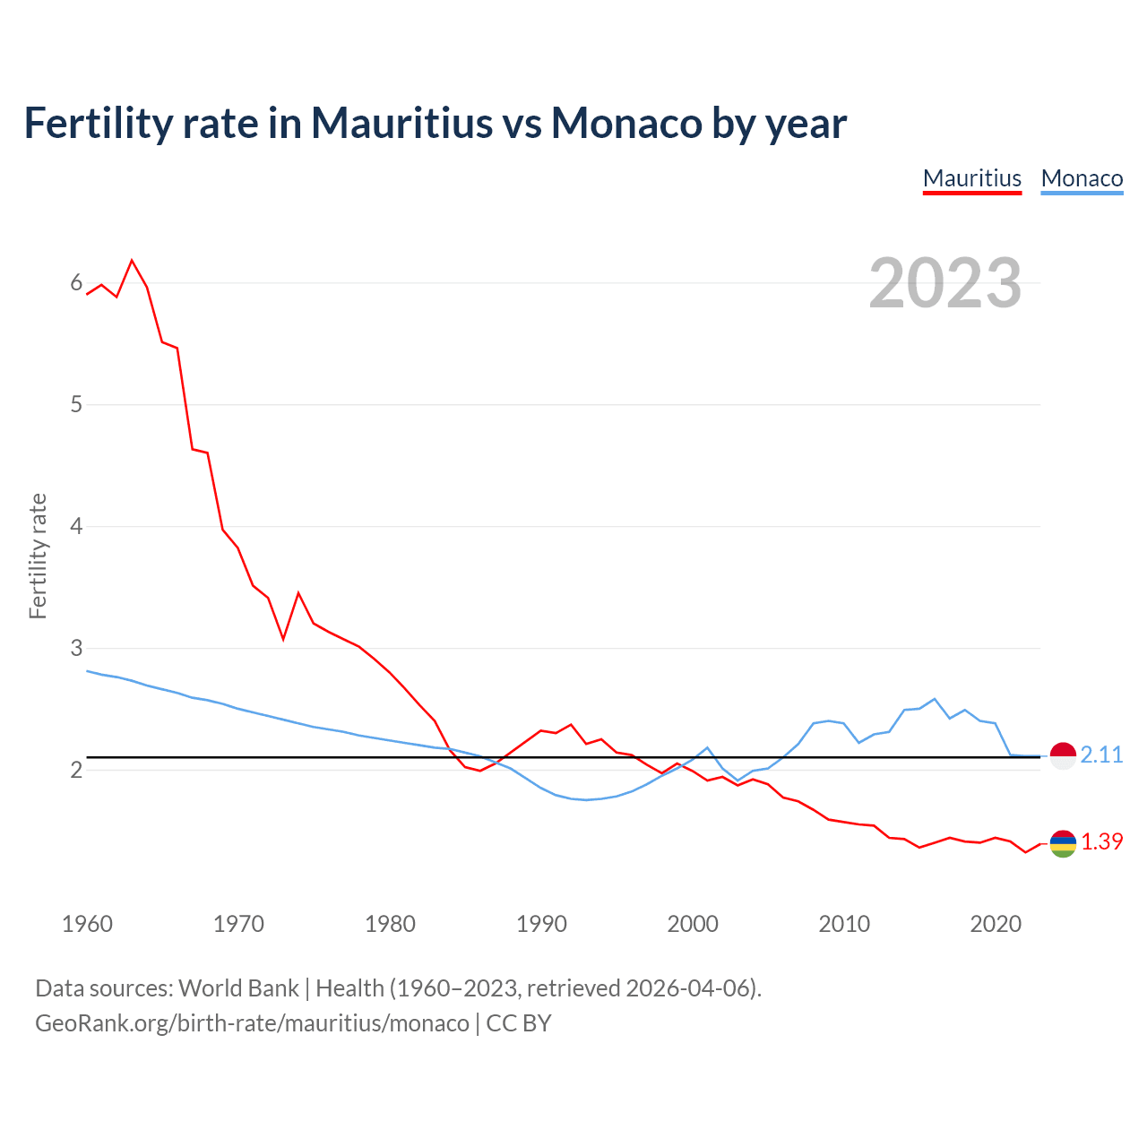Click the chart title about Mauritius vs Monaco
pos(435,123)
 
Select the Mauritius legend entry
pos(972,178)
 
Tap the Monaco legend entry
pos(1082,178)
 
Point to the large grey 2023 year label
pos(945,283)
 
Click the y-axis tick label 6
pos(76,283)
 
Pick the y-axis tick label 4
pos(76,526)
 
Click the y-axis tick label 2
pos(76,770)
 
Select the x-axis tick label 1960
pos(87,924)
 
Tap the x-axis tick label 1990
pos(541,924)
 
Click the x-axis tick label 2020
pos(996,924)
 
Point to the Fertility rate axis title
pos(38,556)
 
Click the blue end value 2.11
pos(1101,755)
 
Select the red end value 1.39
pos(1101,842)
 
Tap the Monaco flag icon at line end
pos(1063,756)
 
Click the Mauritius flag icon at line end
pos(1063,843)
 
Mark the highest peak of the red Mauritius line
pos(133,260)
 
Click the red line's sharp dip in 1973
pos(283,639)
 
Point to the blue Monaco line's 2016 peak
pos(935,699)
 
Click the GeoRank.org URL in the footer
pos(252,1023)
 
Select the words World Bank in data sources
pos(238,988)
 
